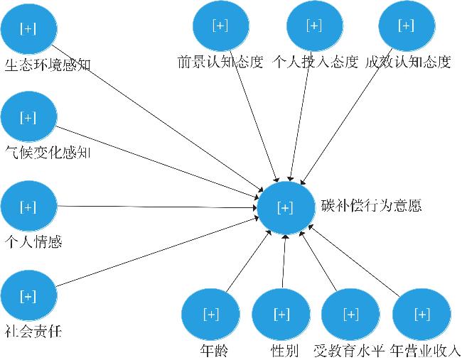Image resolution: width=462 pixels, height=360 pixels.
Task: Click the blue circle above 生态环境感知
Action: tap(28, 28)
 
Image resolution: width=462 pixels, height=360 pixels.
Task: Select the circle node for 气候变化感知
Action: tap(28, 117)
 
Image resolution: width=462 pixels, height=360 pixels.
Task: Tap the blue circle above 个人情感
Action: tap(28, 206)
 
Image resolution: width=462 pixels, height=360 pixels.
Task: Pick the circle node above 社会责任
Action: tap(28, 295)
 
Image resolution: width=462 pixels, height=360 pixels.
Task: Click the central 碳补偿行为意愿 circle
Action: tap(286, 207)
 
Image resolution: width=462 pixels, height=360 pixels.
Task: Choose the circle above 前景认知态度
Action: tap(220, 26)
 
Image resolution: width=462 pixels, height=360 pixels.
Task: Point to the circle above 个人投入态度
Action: tap(315, 26)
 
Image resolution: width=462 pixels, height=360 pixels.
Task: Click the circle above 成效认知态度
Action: tap(407, 26)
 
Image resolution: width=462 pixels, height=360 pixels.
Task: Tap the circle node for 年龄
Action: tap(210, 315)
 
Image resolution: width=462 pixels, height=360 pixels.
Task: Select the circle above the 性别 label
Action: tap(281, 315)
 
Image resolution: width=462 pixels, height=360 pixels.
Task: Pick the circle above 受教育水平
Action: tap(350, 315)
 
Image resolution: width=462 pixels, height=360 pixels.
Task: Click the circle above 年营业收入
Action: tap(422, 315)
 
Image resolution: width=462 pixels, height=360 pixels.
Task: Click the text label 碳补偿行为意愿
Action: tap(371, 205)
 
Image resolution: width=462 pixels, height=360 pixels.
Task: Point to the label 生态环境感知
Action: tap(48, 65)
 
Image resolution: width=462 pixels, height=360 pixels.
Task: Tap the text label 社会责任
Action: tap(33, 331)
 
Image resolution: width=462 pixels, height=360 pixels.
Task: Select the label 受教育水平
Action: tap(349, 350)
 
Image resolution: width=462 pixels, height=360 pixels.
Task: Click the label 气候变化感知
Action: tap(48, 153)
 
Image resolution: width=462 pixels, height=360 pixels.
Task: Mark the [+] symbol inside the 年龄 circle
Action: tap(211, 314)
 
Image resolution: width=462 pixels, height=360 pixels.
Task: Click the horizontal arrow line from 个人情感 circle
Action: tap(157, 207)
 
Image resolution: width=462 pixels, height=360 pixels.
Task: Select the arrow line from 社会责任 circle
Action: tap(157, 251)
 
